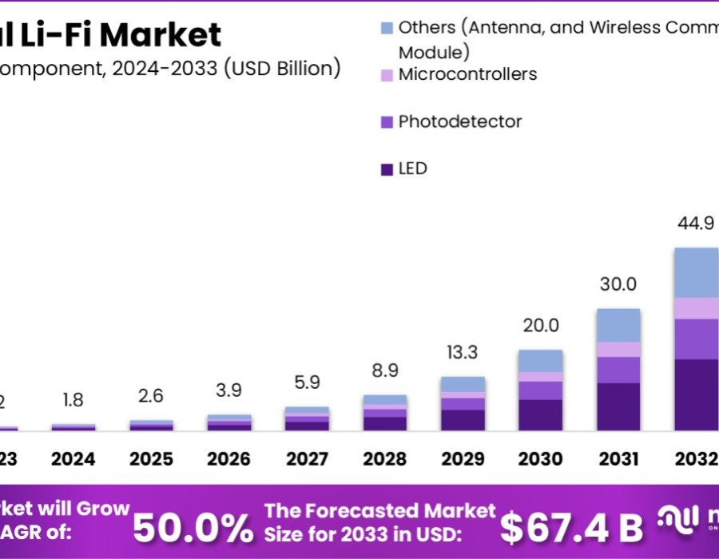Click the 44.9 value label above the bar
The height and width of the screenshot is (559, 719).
click(696, 224)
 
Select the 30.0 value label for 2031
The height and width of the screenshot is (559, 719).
click(619, 284)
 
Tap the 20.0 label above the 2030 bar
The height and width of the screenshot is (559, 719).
click(542, 325)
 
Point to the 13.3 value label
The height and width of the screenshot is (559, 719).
click(463, 353)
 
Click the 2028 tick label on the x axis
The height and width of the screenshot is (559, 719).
click(385, 459)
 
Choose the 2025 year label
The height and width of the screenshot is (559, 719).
click(152, 459)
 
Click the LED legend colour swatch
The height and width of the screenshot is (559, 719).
click(387, 169)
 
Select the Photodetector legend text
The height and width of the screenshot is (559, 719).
click(459, 121)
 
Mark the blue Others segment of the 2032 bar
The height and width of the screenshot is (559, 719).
click(696, 272)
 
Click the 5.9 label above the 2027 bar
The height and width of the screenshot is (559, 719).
click(308, 383)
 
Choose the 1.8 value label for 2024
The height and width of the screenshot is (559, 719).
click(73, 400)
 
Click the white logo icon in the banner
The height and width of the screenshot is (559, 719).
click(677, 521)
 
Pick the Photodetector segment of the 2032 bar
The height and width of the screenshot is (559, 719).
click(696, 339)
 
